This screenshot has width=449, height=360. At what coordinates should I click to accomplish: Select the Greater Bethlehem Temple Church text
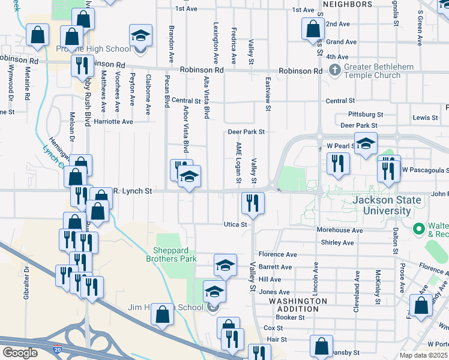(372, 71)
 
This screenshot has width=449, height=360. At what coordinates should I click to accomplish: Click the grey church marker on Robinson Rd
(334, 71)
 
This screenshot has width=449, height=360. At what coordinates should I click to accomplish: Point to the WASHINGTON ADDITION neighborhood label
(298, 305)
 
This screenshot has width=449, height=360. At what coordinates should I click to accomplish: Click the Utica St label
(236, 224)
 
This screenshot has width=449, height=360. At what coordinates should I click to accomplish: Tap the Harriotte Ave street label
(113, 121)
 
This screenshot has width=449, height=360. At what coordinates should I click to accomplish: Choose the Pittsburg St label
(366, 114)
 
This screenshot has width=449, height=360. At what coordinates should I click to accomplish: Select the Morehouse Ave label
(340, 230)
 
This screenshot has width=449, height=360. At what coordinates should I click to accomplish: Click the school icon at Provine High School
(140, 36)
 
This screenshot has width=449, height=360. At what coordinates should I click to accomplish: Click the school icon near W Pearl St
(365, 144)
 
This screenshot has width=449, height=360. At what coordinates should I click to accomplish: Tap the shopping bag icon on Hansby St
(322, 346)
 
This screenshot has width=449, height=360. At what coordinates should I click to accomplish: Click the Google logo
(20, 353)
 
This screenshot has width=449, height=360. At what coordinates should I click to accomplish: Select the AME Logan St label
(238, 163)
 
